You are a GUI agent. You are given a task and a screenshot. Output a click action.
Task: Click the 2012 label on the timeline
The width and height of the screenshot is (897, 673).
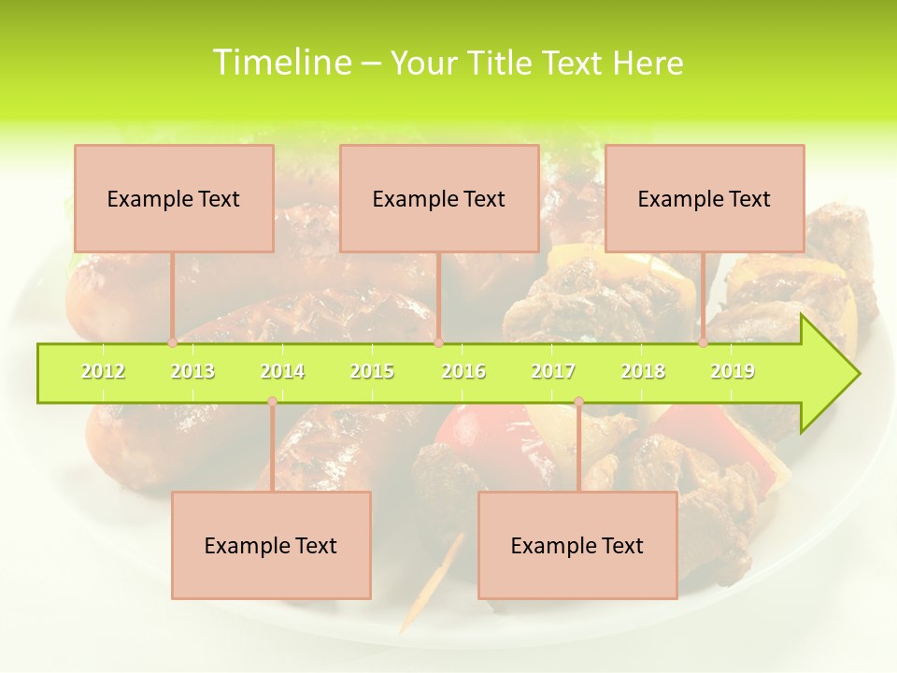103,371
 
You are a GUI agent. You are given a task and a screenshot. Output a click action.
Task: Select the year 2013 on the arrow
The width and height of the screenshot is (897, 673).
192,371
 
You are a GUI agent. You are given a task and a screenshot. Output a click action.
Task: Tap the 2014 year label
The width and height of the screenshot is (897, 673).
282,371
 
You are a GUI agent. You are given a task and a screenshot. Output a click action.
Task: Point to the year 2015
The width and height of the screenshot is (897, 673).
372,371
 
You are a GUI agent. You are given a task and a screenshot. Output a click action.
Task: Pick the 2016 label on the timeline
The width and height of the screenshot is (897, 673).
463,371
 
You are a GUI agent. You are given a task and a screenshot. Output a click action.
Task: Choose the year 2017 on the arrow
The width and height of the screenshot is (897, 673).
553,371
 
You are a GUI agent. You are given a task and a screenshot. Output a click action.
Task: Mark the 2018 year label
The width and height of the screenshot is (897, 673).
643,371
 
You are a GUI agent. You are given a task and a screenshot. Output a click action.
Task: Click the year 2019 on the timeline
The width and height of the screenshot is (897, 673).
733,371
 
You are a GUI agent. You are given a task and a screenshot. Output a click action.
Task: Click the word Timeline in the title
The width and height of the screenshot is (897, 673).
279,63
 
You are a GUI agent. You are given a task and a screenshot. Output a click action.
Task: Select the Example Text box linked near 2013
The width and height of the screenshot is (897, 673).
174,198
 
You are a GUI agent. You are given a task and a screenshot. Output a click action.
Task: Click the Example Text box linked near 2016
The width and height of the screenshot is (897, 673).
439,198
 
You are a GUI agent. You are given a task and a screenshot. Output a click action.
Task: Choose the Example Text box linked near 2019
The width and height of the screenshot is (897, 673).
705,198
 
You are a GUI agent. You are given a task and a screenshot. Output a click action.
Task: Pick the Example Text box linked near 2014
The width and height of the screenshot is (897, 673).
271,545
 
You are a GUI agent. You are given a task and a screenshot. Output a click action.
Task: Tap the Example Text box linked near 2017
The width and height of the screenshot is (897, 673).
577,545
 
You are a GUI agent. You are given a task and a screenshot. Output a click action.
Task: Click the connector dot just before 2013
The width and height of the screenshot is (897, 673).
172,343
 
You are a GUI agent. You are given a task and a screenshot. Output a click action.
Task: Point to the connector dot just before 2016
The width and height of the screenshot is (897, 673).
439,343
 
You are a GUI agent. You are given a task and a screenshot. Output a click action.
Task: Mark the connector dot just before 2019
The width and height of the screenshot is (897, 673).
704,343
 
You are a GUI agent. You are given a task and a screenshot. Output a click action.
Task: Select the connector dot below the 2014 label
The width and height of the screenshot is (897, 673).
272,402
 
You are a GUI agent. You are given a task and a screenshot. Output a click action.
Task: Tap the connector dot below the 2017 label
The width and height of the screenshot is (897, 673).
578,402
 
